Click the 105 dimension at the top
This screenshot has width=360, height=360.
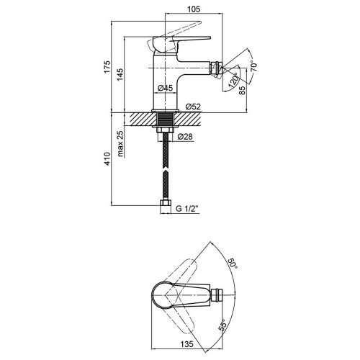click(194, 9)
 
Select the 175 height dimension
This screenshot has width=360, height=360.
click(107, 67)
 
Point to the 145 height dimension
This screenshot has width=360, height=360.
click(120, 74)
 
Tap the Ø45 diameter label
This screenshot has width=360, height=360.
click(166, 88)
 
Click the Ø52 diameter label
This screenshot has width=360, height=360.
click(193, 107)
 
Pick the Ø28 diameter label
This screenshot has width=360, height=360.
click(185, 137)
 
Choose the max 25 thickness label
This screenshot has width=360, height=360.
click(120, 143)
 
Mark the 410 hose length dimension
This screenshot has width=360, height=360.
click(107, 158)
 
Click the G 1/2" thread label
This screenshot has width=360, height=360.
click(187, 209)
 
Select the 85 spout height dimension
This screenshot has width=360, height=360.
click(243, 90)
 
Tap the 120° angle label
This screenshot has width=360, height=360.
click(233, 79)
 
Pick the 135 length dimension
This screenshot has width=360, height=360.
click(186, 344)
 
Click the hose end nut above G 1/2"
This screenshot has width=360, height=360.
click(166, 202)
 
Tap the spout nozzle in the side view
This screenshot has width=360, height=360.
click(216, 68)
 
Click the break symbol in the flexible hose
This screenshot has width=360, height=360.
click(166, 170)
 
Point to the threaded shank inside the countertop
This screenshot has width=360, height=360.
click(166, 119)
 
